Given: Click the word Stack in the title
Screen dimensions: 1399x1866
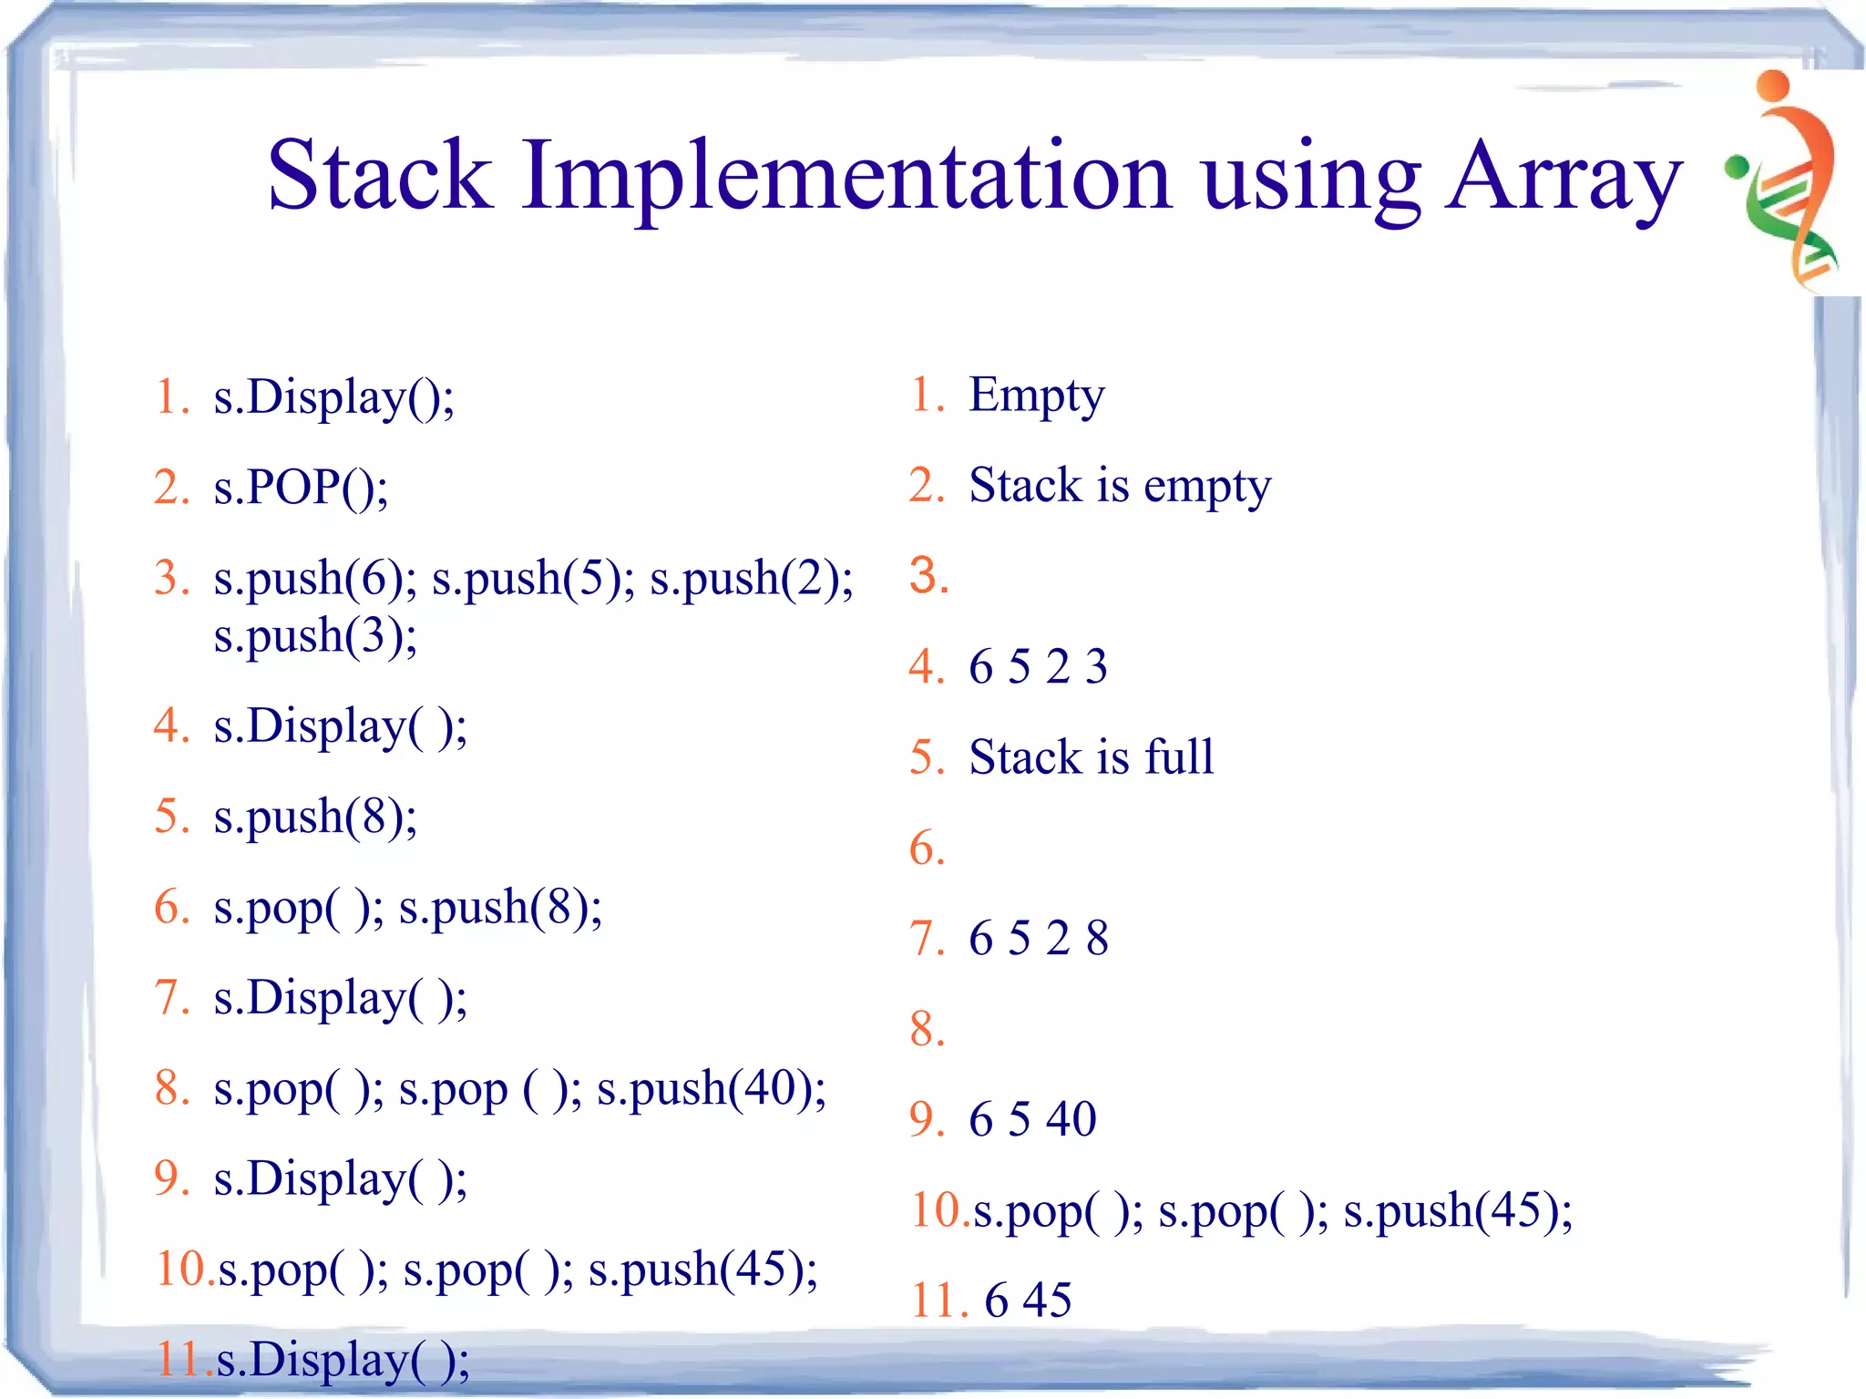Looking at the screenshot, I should pos(379,175).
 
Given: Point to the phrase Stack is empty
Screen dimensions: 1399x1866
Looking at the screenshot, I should pos(1119,486).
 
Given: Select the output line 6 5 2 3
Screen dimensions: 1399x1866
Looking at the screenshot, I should pos(1038,666).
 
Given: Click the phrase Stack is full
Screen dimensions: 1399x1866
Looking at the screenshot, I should pos(1091,757).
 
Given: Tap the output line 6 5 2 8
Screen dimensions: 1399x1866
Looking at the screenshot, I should pos(1038,939).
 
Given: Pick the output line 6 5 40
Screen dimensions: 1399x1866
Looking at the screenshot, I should pos(1031,1119).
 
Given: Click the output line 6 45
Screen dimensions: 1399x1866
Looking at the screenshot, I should pos(1027,1301).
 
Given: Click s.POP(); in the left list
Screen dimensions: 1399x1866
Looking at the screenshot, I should pos(301,488).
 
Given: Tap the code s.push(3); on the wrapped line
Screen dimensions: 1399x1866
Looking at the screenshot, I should pos(315,635).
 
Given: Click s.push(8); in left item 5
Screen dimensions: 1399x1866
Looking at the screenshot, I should pos(315,817).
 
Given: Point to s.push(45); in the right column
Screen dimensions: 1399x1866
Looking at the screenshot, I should pos(1458,1211).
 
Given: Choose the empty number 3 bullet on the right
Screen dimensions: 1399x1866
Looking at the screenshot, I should pos(928,576).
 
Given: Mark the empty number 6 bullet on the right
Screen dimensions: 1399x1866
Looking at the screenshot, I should pos(927,849).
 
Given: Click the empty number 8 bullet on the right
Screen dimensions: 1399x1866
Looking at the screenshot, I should pos(927,1030).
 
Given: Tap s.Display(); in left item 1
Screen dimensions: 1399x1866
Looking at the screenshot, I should pos(333,398).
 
